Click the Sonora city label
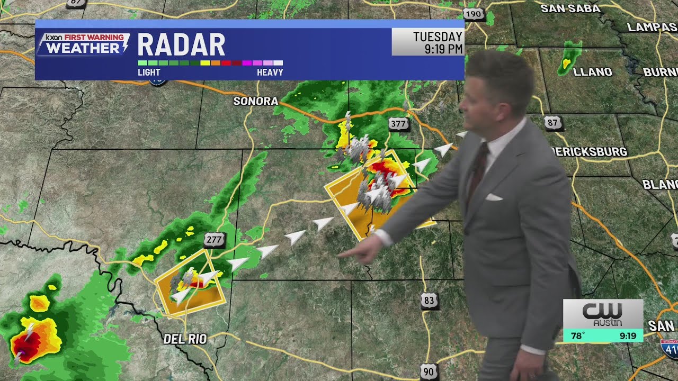pyautogui.click(x=256, y=101)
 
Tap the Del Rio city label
pyautogui.click(x=185, y=339)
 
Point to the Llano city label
pyautogui.click(x=593, y=71)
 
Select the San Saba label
pyautogui.click(x=570, y=8)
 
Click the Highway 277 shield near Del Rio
pyautogui.click(x=214, y=240)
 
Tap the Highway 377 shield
pyautogui.click(x=398, y=124)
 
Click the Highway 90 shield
pyautogui.click(x=429, y=371)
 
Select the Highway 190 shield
pyautogui.click(x=473, y=14)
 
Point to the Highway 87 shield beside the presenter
pyautogui.click(x=553, y=123)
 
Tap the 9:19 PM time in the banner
pyautogui.click(x=444, y=49)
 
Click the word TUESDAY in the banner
pyautogui.click(x=438, y=37)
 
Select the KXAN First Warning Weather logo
pyautogui.click(x=83, y=44)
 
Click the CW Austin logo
pyautogui.click(x=603, y=314)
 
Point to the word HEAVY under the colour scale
pyautogui.click(x=270, y=72)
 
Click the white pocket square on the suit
pyautogui.click(x=494, y=197)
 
